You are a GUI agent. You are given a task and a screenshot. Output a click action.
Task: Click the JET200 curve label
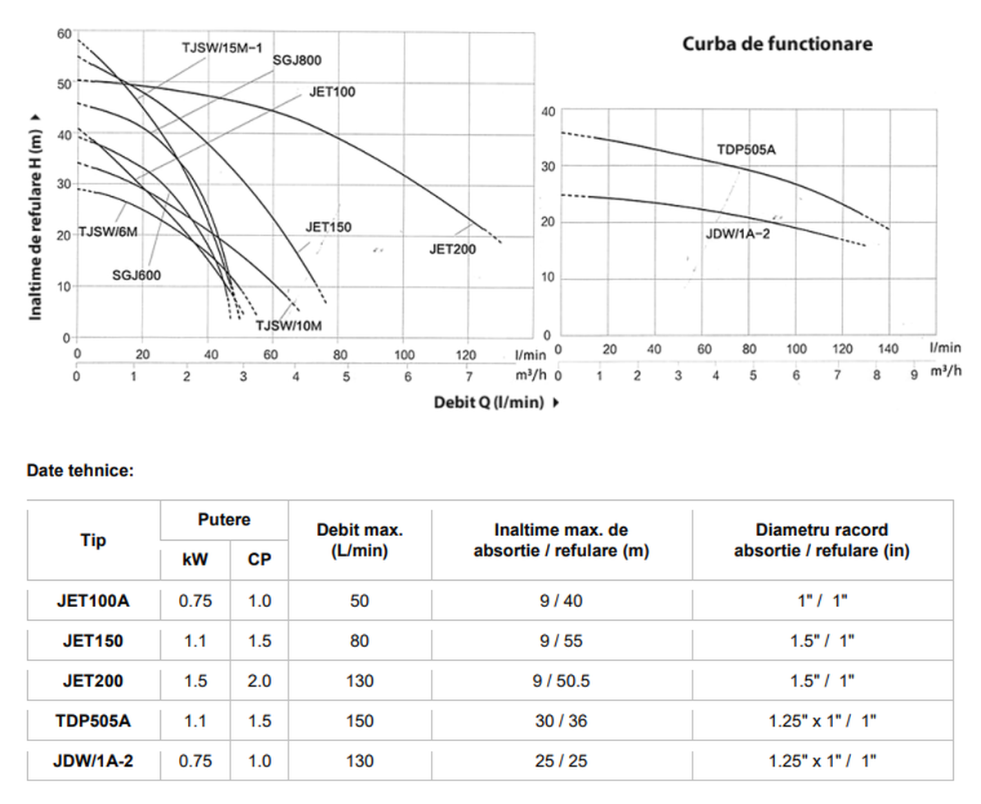pyautogui.click(x=452, y=249)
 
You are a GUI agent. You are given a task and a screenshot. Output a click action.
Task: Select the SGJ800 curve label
pyautogui.click(x=297, y=60)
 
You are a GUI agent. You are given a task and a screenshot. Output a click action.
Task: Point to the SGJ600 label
pyautogui.click(x=137, y=275)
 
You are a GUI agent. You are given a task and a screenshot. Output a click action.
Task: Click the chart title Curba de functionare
pyautogui.click(x=777, y=44)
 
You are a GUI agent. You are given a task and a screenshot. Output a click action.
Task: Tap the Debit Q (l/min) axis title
pyautogui.click(x=489, y=402)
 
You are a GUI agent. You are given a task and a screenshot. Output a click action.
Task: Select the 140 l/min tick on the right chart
pyautogui.click(x=888, y=349)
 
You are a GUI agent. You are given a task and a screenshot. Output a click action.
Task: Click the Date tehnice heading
pyautogui.click(x=80, y=471)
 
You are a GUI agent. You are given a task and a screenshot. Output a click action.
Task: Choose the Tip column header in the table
pyautogui.click(x=93, y=541)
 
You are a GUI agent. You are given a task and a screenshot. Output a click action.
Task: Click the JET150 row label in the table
pyautogui.click(x=93, y=641)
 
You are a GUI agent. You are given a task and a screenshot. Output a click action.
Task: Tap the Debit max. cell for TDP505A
pyautogui.click(x=360, y=721)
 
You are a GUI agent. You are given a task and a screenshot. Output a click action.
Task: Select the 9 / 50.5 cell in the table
pyautogui.click(x=561, y=681)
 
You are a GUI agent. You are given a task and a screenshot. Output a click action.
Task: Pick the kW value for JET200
pyautogui.click(x=195, y=681)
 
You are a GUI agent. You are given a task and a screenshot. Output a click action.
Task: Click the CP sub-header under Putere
pyautogui.click(x=259, y=561)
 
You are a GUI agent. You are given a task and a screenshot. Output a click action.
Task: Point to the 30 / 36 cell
pyautogui.click(x=561, y=721)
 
